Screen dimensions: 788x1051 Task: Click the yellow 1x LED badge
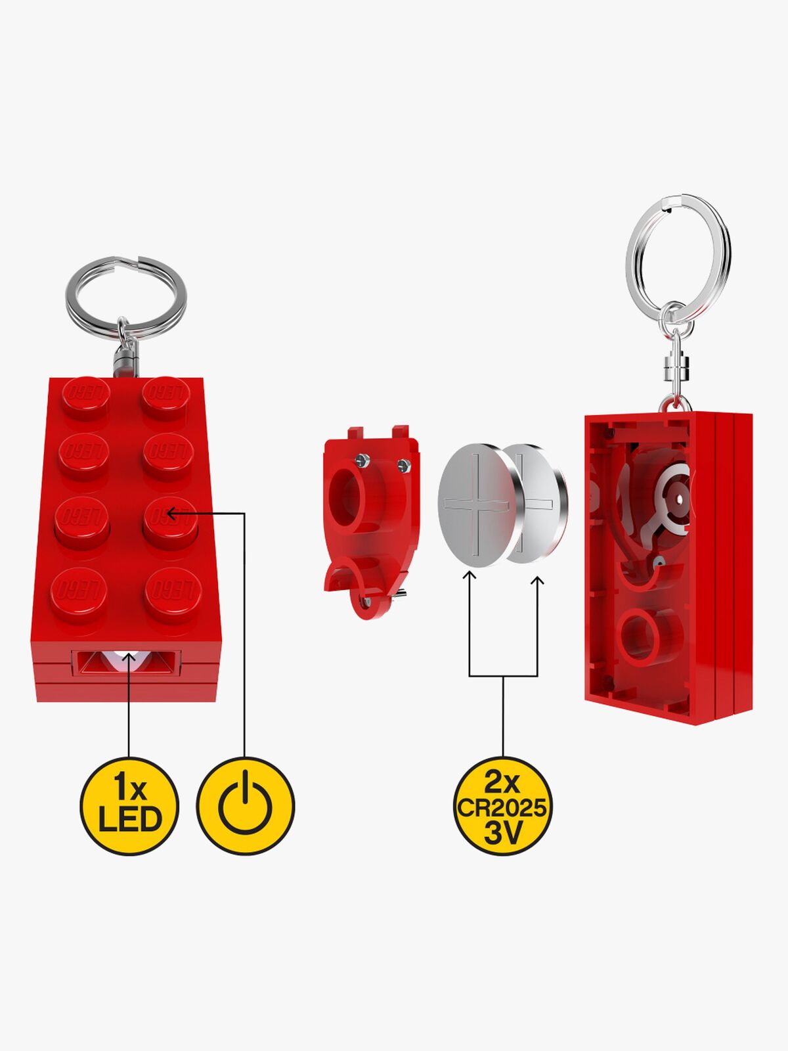click(129, 807)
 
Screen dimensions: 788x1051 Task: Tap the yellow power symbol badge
click(246, 807)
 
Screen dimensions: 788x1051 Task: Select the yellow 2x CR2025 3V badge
click(502, 807)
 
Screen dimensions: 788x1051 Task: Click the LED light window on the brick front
click(126, 663)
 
